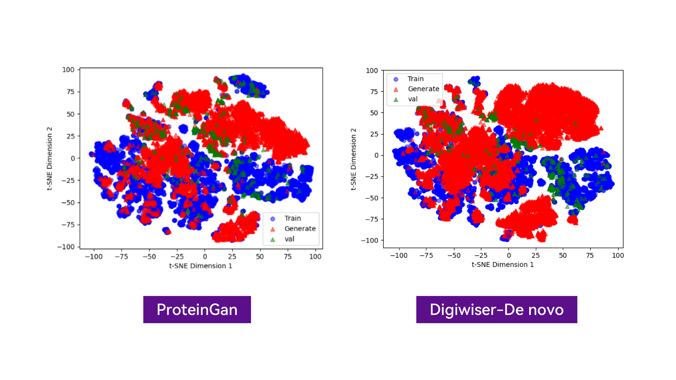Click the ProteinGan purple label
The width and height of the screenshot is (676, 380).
[197, 309]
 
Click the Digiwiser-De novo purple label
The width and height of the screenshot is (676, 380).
[497, 309]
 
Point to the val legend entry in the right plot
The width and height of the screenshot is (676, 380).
[413, 99]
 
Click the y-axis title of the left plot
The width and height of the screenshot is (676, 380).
[49, 158]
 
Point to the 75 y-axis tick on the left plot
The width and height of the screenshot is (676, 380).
[70, 92]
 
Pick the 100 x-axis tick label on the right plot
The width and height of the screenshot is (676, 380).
[618, 255]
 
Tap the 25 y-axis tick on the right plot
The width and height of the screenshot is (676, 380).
[374, 134]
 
